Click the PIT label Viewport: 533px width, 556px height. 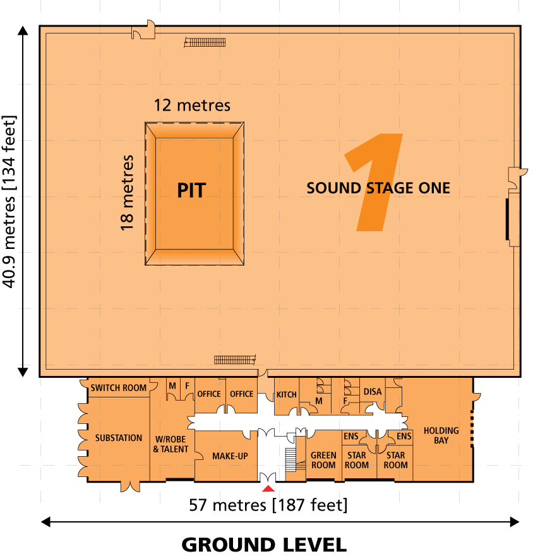191,190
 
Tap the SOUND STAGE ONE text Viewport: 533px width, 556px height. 378,188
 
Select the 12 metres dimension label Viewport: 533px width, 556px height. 193,105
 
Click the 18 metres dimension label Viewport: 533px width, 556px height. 127,191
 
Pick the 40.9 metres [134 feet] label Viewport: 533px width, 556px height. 9,201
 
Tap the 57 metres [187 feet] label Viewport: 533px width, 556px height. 268,505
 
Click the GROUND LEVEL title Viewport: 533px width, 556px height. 264,544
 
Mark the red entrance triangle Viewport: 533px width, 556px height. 268,488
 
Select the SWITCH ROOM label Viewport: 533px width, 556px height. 118,388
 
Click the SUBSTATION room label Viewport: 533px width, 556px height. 119,438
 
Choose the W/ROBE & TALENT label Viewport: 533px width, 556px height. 171,444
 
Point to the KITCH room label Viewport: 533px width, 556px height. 286,395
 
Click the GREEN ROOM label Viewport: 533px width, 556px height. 323,460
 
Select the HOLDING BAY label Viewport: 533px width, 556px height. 441,435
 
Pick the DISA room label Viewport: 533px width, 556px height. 373,392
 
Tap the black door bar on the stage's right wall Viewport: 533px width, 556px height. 507,219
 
